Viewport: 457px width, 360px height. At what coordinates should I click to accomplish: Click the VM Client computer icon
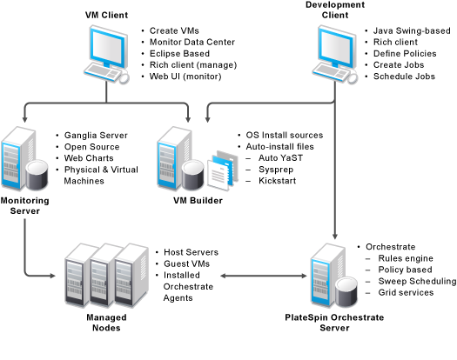[x=107, y=55]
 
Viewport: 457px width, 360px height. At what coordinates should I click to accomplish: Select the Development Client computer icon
[x=335, y=55]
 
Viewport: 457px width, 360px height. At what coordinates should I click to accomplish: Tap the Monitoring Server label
[x=24, y=205]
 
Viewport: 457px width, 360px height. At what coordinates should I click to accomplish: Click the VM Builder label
[x=198, y=200]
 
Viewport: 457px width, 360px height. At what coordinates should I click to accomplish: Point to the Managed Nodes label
[x=106, y=323]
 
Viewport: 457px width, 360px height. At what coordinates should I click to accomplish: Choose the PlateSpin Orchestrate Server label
[x=334, y=323]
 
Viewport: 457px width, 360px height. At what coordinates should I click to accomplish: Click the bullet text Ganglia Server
[x=96, y=136]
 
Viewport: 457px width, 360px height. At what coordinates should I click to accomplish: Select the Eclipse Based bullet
[x=179, y=54]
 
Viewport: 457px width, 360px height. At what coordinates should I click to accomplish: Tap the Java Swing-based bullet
[x=412, y=31]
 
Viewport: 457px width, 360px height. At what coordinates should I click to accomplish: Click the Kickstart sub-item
[x=277, y=181]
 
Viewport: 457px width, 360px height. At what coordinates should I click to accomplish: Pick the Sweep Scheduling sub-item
[x=417, y=282]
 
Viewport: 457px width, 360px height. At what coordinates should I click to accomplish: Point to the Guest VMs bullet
[x=186, y=263]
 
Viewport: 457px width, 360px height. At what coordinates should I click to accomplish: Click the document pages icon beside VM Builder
[x=222, y=170]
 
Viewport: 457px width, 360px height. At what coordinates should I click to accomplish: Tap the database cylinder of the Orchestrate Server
[x=346, y=291]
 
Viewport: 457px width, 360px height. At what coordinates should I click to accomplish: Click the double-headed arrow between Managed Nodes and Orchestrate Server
[x=264, y=276]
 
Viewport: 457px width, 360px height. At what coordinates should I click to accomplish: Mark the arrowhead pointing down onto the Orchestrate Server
[x=335, y=236]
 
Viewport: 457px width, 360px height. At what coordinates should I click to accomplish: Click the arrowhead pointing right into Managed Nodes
[x=52, y=276]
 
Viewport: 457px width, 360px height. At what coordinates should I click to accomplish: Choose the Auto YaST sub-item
[x=280, y=158]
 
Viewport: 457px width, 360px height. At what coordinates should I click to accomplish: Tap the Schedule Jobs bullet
[x=404, y=77]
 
